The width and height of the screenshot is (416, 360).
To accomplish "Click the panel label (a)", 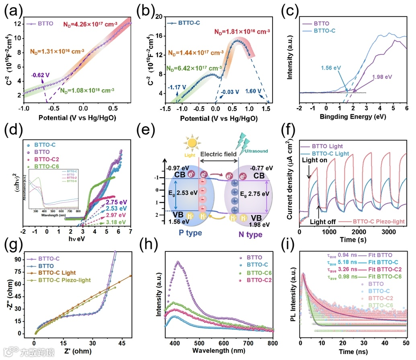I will (12, 12).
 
